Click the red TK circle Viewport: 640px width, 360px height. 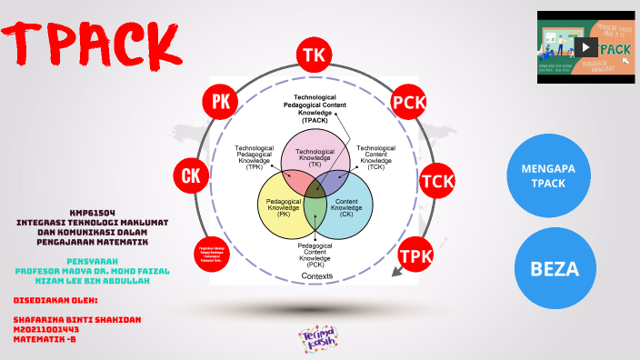click(314, 55)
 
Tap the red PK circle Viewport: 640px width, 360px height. click(221, 102)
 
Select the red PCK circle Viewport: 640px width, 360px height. click(409, 103)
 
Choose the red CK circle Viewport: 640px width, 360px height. click(192, 175)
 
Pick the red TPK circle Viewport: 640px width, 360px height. click(416, 255)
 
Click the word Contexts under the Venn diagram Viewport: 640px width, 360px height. click(316, 275)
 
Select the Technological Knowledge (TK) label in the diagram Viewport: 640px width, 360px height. click(315, 157)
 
